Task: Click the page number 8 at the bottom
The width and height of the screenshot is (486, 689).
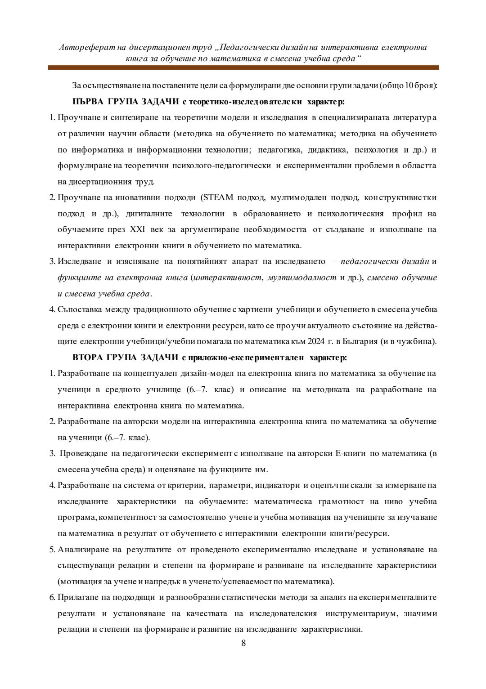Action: pyautogui.click(x=243, y=643)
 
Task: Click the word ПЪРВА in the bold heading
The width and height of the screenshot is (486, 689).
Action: pyautogui.click(x=88, y=102)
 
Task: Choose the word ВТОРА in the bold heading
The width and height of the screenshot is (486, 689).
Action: pyautogui.click(x=88, y=358)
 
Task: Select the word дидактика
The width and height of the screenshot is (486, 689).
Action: pyautogui.click(x=324, y=150)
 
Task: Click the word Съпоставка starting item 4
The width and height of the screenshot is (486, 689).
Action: pyautogui.click(x=79, y=309)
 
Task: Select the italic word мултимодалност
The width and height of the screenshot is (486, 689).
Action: pyautogui.click(x=301, y=277)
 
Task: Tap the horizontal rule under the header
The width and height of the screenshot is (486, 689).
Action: pyautogui.click(x=243, y=67)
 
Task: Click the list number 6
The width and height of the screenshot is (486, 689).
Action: pyautogui.click(x=52, y=598)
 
